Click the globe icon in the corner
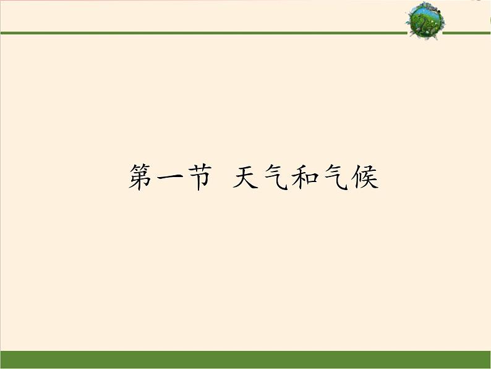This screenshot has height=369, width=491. (425, 20)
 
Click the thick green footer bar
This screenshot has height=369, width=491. (246, 360)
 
